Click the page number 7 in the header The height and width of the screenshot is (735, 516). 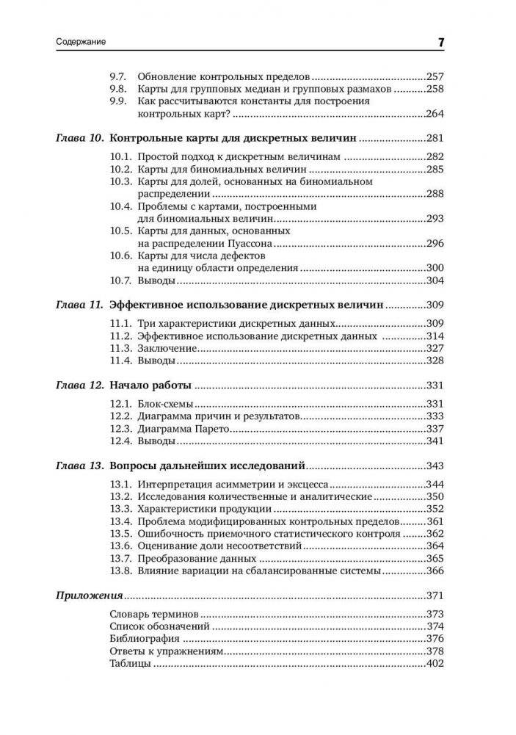click(x=441, y=43)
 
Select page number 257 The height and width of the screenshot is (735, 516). click(x=436, y=76)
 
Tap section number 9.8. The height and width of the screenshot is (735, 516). click(x=117, y=88)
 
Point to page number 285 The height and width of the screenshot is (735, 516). click(x=436, y=169)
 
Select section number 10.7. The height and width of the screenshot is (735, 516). click(x=120, y=280)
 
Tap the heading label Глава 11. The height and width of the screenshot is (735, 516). click(x=80, y=305)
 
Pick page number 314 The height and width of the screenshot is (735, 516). click(x=436, y=336)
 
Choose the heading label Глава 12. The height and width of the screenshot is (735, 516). click(x=80, y=385)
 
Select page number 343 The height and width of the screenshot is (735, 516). click(x=436, y=466)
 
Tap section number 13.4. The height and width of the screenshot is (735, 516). click(x=120, y=521)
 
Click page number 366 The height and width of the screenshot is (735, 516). click(x=436, y=571)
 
